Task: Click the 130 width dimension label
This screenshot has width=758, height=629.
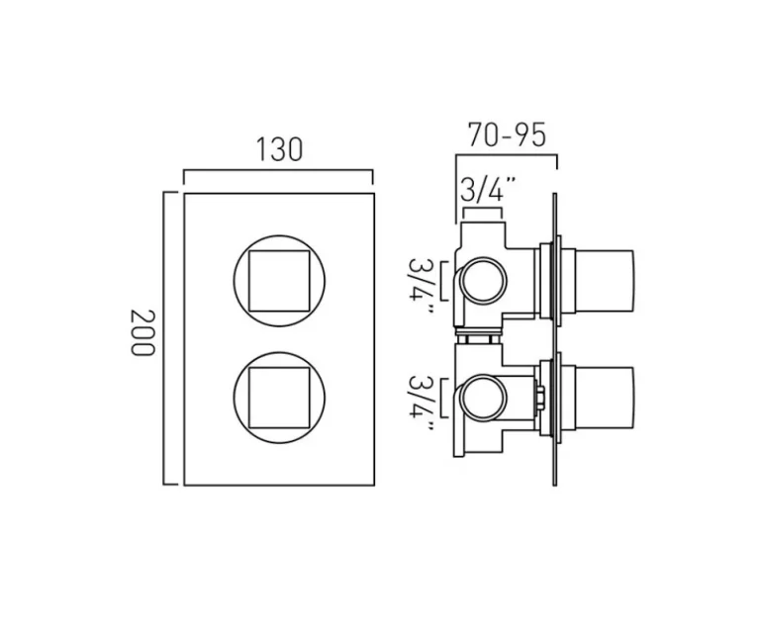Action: [x=279, y=149]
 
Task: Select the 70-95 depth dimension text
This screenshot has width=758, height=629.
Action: [x=507, y=134]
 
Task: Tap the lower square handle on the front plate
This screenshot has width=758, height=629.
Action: [x=278, y=395]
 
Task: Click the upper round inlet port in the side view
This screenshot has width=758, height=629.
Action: [x=483, y=279]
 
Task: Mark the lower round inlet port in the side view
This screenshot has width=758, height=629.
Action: [x=483, y=398]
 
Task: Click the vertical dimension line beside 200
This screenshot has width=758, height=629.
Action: [x=165, y=337]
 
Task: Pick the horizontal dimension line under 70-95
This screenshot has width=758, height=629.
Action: [x=506, y=155]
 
